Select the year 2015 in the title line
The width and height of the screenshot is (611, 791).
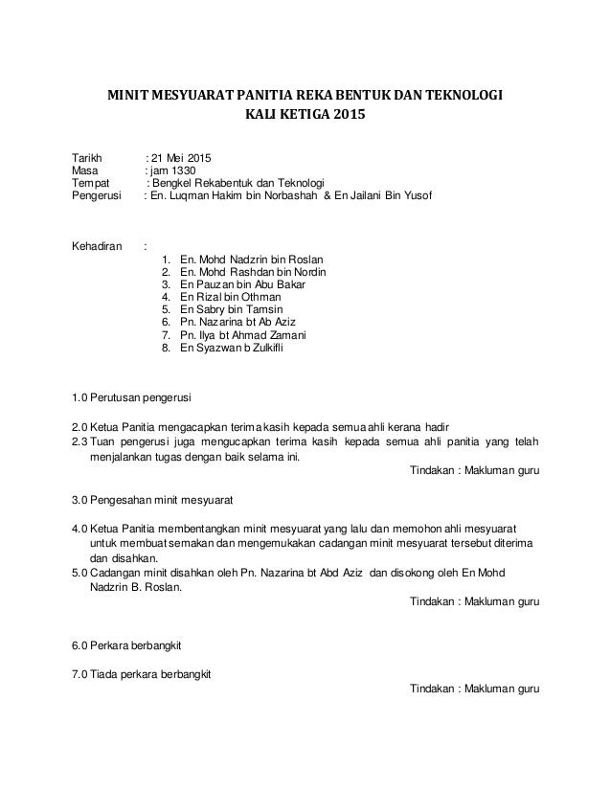click(349, 119)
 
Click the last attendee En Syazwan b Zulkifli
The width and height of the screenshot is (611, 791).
click(231, 350)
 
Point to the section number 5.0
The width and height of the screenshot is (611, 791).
click(80, 572)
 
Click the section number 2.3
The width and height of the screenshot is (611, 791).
click(80, 441)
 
